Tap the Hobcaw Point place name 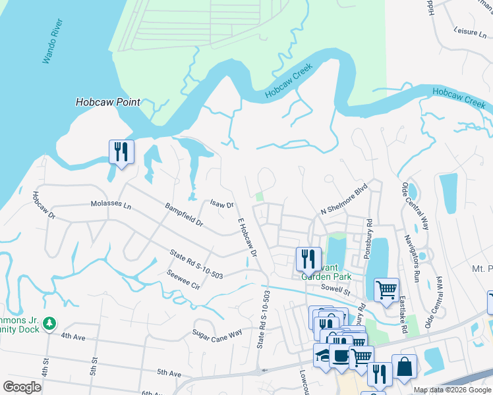pos(107,102)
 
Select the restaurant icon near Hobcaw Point pos(121,152)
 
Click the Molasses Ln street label pos(111,205)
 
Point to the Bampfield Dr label pos(184,215)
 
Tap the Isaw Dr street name pos(221,205)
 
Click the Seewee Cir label pos(183,280)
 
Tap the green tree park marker pos(49,323)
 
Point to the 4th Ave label pos(74,336)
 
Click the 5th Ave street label pos(169,373)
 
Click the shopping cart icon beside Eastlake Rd pos(386,289)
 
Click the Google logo pos(22,386)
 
